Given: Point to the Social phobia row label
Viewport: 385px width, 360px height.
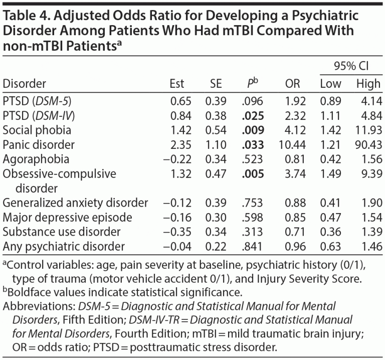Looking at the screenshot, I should tap(37, 130).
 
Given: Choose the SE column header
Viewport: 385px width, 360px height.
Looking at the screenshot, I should tap(216, 83).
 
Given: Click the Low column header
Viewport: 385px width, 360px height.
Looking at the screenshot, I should tap(330, 83).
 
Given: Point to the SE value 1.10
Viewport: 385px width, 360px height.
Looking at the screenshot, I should tap(216, 145).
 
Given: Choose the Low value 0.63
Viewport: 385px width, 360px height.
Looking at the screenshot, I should tap(330, 247).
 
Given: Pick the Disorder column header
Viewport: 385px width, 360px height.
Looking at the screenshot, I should tap(25, 83).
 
